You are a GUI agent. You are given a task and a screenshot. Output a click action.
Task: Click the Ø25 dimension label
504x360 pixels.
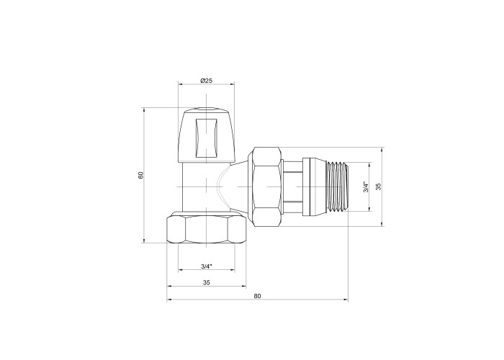[206, 81]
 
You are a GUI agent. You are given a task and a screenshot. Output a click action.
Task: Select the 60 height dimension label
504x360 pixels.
[141, 176]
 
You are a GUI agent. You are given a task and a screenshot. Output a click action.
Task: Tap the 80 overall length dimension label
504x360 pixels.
[258, 296]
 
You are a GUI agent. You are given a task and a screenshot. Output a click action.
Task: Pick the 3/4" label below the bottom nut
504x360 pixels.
[207, 266]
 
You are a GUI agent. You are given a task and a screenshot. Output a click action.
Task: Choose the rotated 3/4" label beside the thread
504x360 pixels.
[366, 187]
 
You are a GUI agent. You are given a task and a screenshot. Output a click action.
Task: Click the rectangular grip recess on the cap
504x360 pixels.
[206, 138]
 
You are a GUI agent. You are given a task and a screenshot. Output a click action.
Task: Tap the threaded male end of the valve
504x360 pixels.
[336, 186]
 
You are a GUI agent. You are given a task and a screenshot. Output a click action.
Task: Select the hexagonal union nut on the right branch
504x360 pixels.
[267, 186]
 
